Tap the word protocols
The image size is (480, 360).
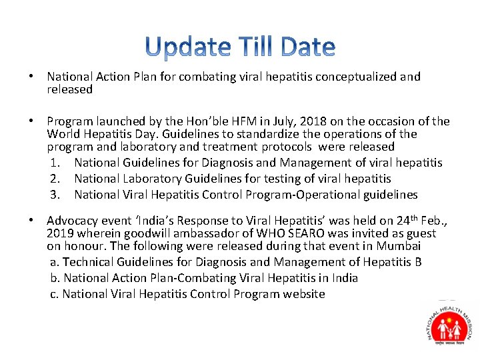click(x=286, y=146)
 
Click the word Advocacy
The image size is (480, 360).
click(x=72, y=221)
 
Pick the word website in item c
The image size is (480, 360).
click(x=303, y=294)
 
